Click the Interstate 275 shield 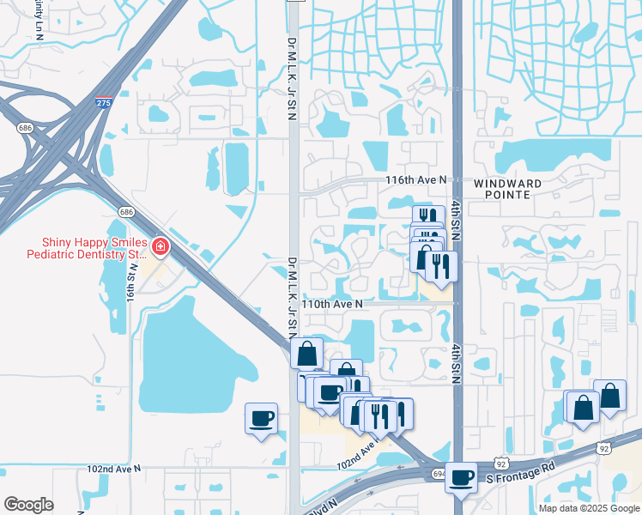click(102, 102)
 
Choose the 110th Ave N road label click(331, 304)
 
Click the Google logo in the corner click(28, 504)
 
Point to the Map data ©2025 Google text click(589, 508)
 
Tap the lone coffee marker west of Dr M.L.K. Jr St click(261, 418)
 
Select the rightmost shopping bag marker click(609, 396)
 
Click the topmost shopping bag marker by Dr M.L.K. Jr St click(307, 353)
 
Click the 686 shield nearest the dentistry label click(127, 211)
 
